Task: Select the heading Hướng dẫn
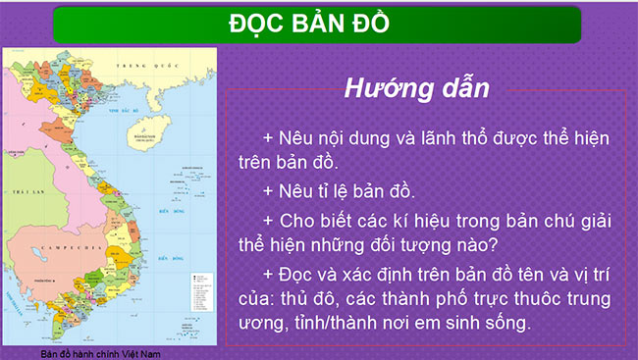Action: (416, 86)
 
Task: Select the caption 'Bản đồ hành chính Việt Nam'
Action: (101, 353)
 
